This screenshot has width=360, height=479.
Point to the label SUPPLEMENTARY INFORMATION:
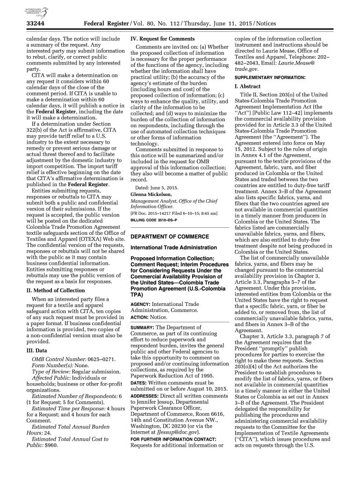pyautogui.click(x=270, y=77)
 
